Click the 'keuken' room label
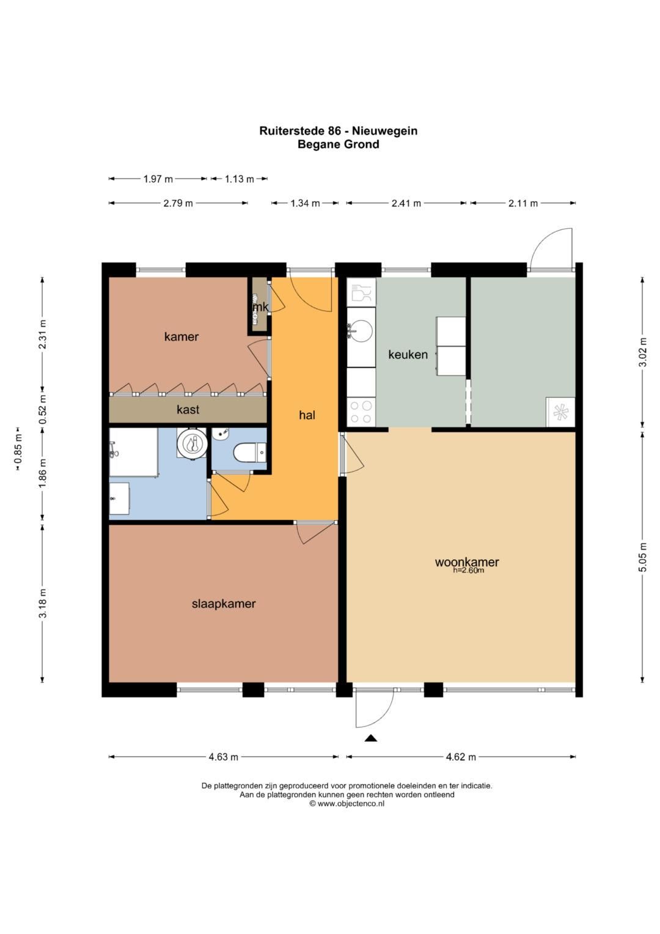[408, 354]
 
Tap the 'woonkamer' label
[467, 562]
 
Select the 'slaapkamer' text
[223, 604]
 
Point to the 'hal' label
[307, 415]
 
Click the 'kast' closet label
[188, 409]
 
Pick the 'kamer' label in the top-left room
[182, 336]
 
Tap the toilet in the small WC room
[249, 453]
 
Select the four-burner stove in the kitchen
[361, 412]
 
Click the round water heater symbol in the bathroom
[192, 443]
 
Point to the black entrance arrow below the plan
[371, 738]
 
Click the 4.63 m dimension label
[223, 757]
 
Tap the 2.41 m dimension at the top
[406, 203]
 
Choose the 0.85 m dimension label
[18, 449]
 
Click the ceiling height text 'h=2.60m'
[468, 570]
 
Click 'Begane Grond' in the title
[338, 144]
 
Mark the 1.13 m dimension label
[239, 179]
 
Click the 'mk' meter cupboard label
[260, 307]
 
